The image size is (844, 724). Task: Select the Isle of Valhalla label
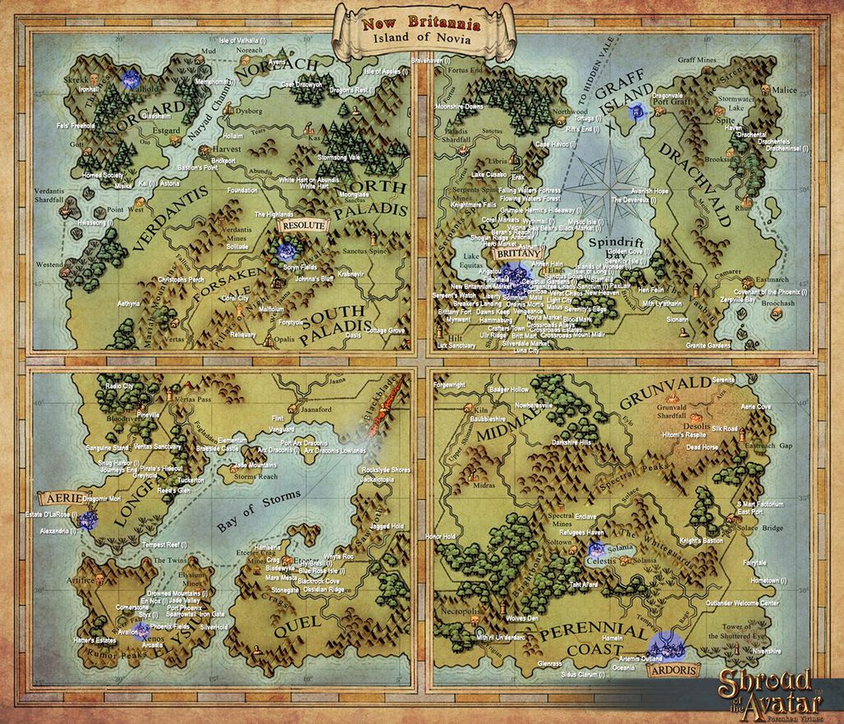click(x=255, y=40)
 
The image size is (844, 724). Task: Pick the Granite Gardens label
click(x=707, y=346)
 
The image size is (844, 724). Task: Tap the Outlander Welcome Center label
click(x=742, y=603)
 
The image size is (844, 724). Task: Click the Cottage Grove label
click(x=386, y=330)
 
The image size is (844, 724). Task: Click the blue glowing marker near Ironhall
click(x=130, y=78)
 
